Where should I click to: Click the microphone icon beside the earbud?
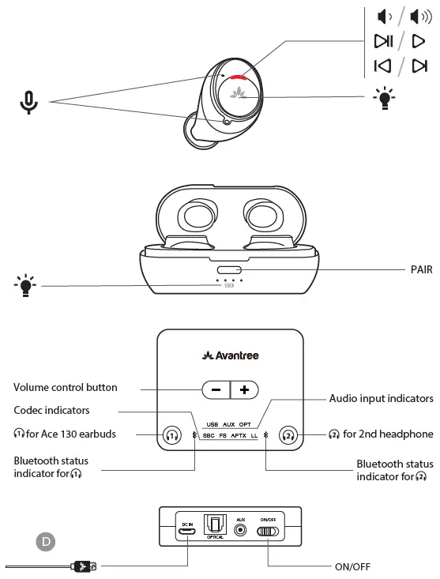pos(29,102)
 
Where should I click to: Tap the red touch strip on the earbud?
pos(236,77)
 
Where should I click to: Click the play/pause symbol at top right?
pos(383,41)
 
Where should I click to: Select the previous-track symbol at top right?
pos(382,66)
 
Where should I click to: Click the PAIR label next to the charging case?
pos(421,269)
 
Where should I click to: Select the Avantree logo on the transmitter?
pos(230,355)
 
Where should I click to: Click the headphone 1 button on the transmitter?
pos(172,434)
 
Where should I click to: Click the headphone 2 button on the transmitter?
pos(288,434)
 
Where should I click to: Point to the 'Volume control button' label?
pos(66,387)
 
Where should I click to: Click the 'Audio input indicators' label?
pos(381,399)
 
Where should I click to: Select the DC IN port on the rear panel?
pos(186,531)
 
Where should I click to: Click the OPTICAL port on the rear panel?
pos(214,525)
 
